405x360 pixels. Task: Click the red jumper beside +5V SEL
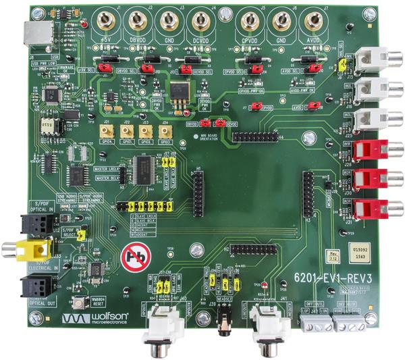[105, 68]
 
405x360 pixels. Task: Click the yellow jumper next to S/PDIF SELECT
[82, 234]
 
